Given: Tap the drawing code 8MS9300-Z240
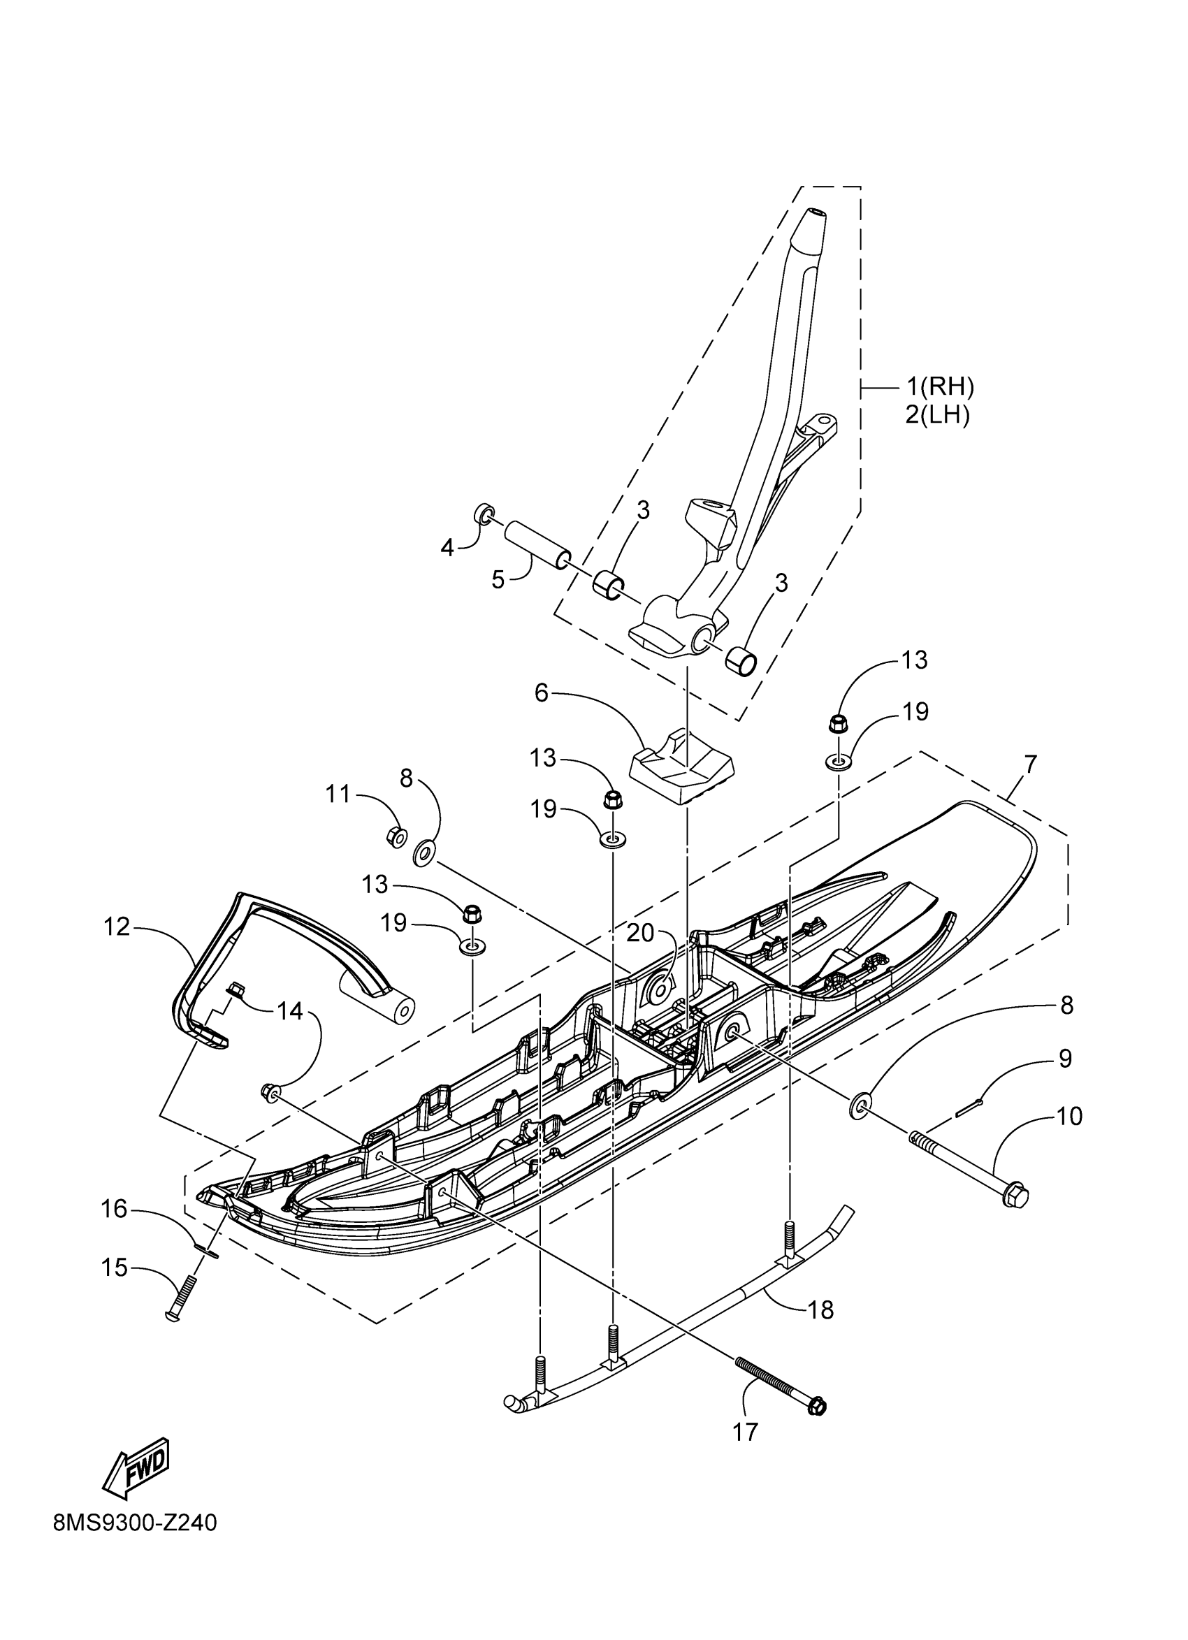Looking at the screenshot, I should (135, 1604).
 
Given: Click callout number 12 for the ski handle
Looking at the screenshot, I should (117, 927).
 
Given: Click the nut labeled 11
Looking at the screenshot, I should (396, 837).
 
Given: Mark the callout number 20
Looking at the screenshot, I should (641, 934).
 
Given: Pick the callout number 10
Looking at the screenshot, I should (1069, 1117).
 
